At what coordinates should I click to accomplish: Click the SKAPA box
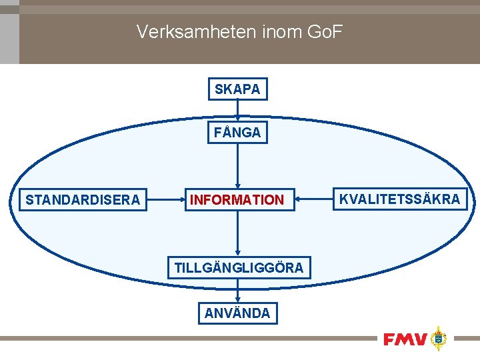[x=237, y=89]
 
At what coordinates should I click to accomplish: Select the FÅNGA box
[x=237, y=133]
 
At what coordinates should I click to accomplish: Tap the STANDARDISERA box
[x=83, y=199]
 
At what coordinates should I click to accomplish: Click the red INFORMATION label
[x=237, y=199]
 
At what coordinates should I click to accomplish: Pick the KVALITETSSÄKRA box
[x=399, y=199]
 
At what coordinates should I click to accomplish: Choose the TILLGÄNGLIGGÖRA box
[x=239, y=268]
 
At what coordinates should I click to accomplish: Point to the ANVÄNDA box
[x=237, y=313]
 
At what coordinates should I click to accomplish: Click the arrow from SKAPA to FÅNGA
[x=237, y=111]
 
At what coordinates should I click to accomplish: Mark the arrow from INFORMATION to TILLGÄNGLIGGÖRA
[x=237, y=233]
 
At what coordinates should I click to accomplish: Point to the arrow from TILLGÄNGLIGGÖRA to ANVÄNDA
[x=237, y=291]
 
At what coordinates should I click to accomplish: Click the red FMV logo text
[x=405, y=339]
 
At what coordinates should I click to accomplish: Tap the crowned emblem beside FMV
[x=438, y=338]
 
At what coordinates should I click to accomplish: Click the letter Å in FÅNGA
[x=227, y=133]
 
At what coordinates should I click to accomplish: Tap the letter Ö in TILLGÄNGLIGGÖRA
[x=278, y=268]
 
